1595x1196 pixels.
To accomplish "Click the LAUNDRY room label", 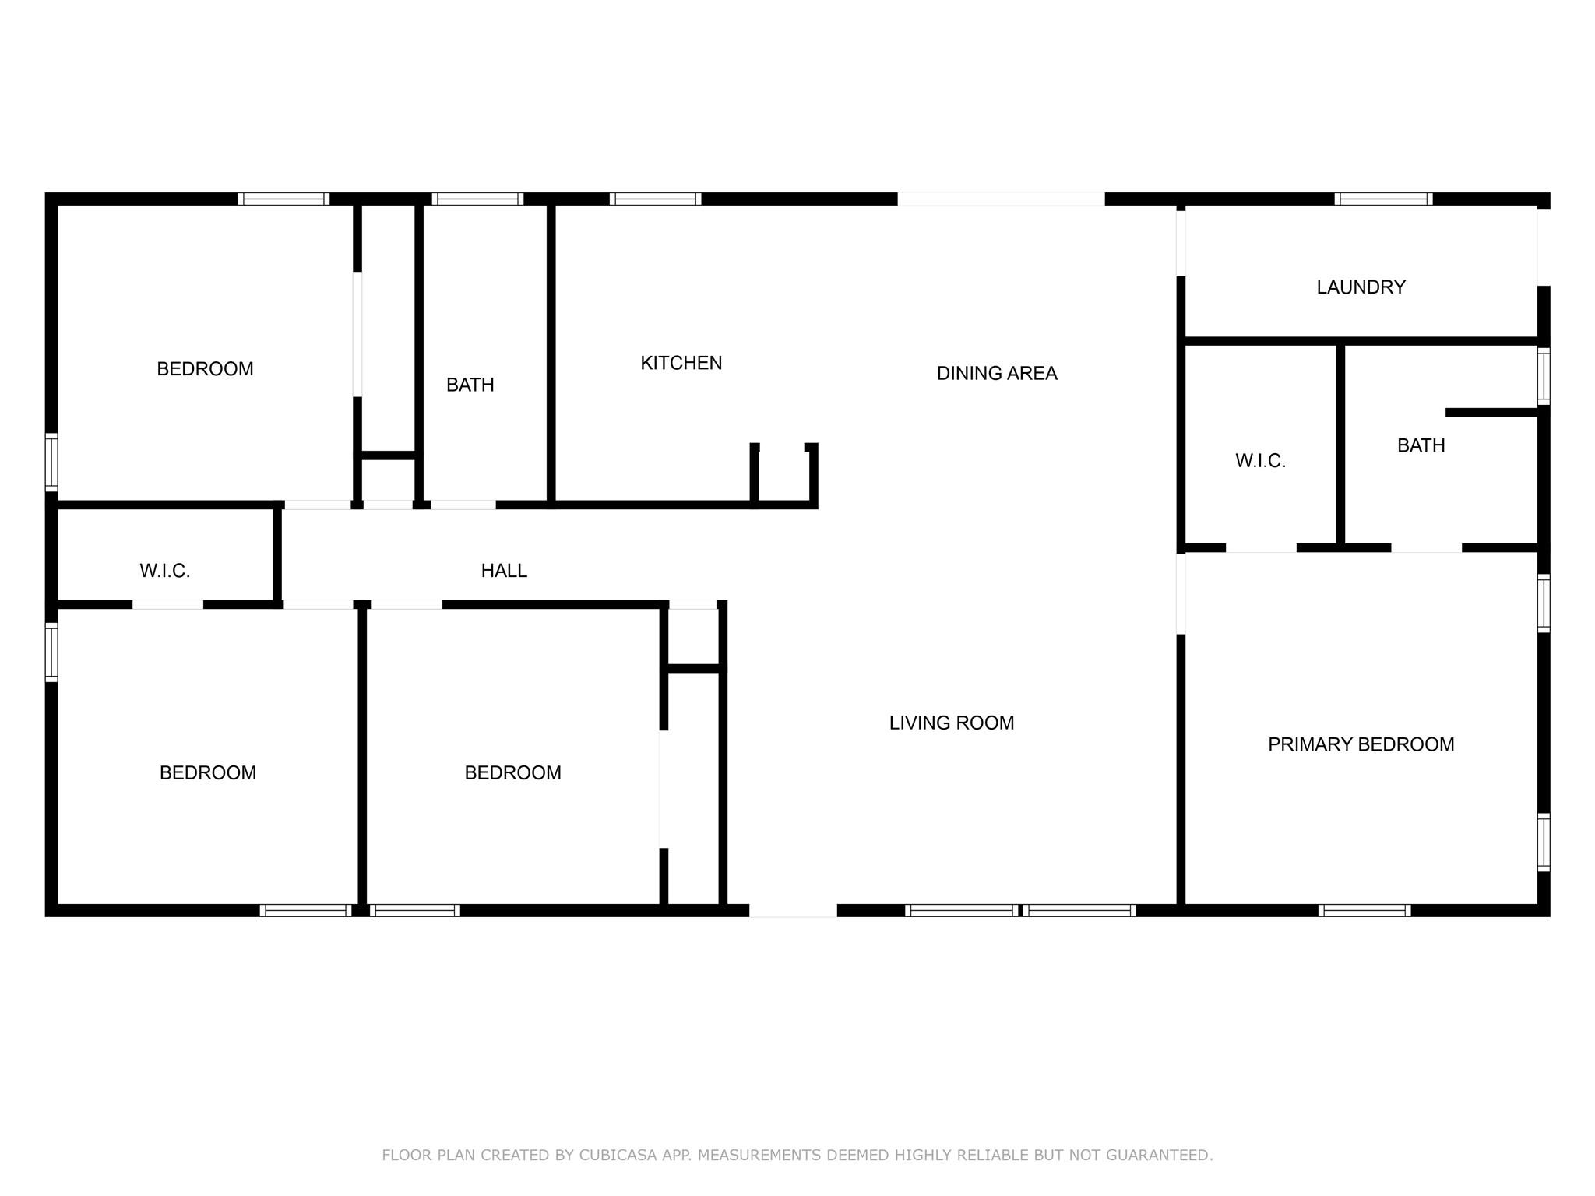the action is click(x=1361, y=287).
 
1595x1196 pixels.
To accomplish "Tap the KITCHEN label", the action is click(x=681, y=363).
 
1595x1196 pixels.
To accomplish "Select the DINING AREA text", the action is click(x=997, y=374).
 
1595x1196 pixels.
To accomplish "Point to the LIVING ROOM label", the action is click(x=952, y=723).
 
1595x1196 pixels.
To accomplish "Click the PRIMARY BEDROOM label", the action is click(x=1361, y=744).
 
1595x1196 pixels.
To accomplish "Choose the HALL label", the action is click(x=504, y=571).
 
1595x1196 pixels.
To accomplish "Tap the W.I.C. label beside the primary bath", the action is click(x=1260, y=461).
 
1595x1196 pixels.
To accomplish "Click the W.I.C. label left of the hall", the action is click(x=164, y=571).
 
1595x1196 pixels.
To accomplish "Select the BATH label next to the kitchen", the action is click(x=470, y=385).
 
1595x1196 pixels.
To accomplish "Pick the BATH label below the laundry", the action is click(x=1421, y=445).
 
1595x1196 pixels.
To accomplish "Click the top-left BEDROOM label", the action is click(x=205, y=369).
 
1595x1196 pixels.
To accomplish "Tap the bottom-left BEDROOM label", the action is click(x=207, y=773).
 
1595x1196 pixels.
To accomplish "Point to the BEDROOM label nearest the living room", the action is click(x=512, y=773).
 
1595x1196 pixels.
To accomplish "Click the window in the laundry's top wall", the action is click(x=1383, y=199).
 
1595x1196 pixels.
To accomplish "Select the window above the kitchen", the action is click(x=655, y=199).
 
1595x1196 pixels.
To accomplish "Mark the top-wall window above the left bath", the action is click(x=477, y=199).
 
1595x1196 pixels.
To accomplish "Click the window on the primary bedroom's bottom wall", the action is click(x=1364, y=910).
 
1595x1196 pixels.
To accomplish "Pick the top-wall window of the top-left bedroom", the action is click(x=283, y=199).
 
